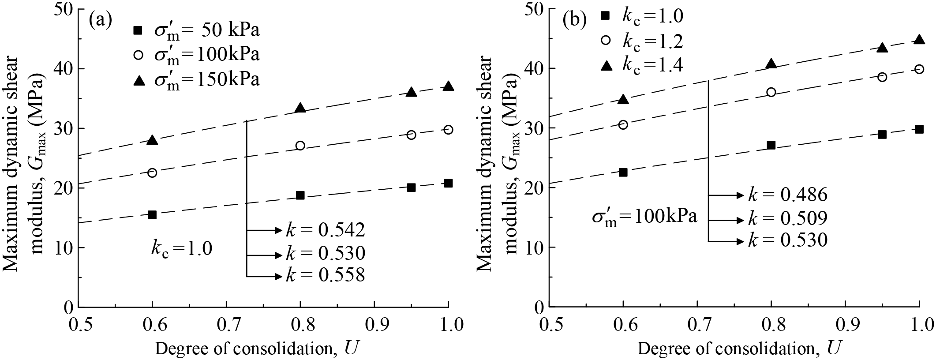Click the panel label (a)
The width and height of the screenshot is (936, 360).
tap(100, 20)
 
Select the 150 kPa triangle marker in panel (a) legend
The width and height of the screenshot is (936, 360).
tap(139, 80)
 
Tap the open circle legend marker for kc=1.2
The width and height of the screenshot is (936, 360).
tap(606, 41)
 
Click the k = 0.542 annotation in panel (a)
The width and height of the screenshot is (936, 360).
tap(325, 230)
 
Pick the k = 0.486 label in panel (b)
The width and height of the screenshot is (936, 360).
tap(787, 195)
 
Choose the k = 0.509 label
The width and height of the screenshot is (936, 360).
tap(787, 219)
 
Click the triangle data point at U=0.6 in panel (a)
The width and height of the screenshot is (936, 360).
tap(152, 140)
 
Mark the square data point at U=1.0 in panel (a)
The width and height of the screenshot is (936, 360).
tap(448, 183)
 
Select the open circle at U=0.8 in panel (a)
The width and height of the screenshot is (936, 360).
tap(300, 146)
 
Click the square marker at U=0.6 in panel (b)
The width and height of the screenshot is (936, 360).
tap(623, 172)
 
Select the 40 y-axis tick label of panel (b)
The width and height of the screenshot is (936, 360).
tap(532, 69)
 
